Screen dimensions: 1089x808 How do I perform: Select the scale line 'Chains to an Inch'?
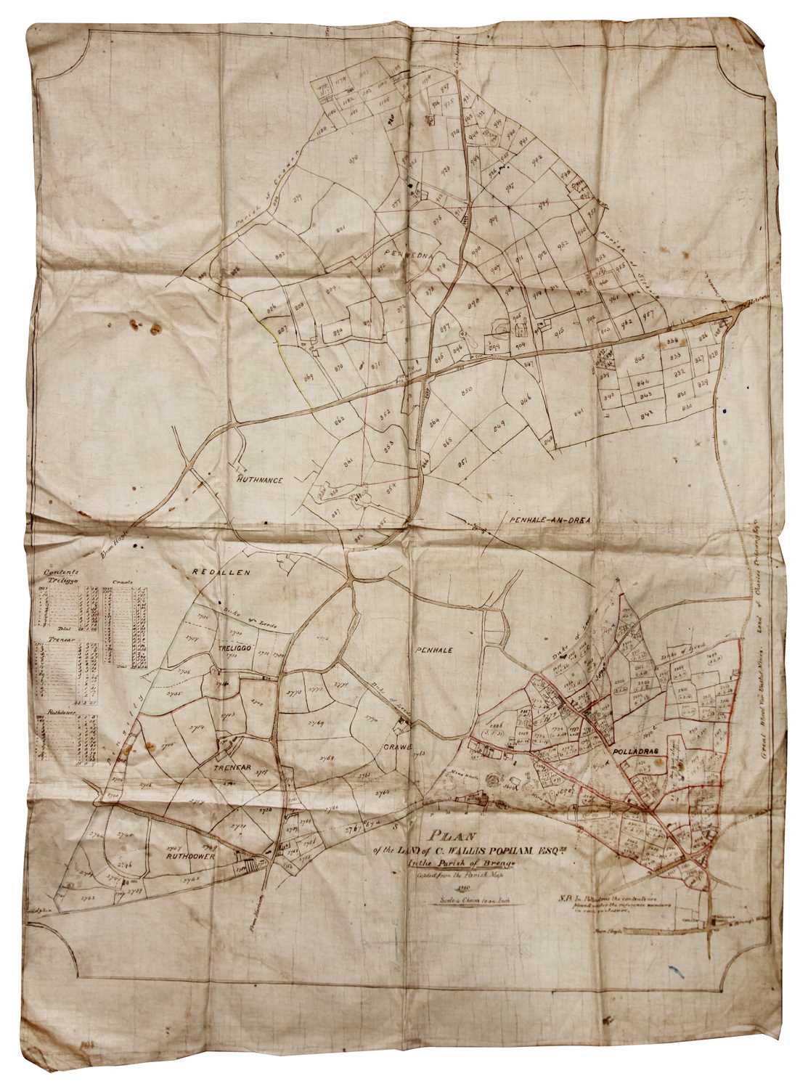point(462,898)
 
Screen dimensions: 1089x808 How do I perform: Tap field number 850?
point(467,391)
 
